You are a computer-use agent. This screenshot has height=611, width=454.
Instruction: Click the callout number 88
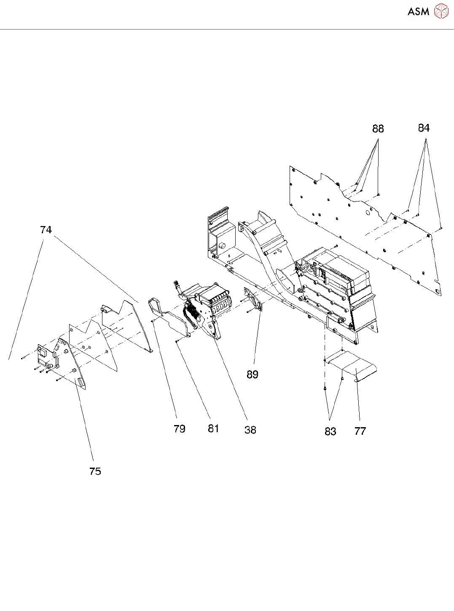378,129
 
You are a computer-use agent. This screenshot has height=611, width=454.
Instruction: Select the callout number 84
424,128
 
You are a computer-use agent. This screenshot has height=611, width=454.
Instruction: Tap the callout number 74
46,230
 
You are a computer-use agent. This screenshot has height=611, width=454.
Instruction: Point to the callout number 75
95,471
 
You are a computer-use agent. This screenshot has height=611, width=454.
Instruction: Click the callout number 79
180,429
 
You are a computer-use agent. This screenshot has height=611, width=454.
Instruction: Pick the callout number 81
214,428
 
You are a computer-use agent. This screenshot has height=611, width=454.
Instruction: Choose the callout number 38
250,430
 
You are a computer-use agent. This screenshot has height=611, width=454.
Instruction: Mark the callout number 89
253,374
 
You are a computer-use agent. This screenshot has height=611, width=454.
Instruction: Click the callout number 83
330,431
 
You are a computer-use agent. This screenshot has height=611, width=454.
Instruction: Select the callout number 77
360,431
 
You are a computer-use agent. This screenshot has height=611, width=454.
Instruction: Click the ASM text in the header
418,12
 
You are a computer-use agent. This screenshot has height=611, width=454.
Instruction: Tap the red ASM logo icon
441,11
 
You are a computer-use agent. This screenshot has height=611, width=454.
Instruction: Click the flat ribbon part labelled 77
354,365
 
